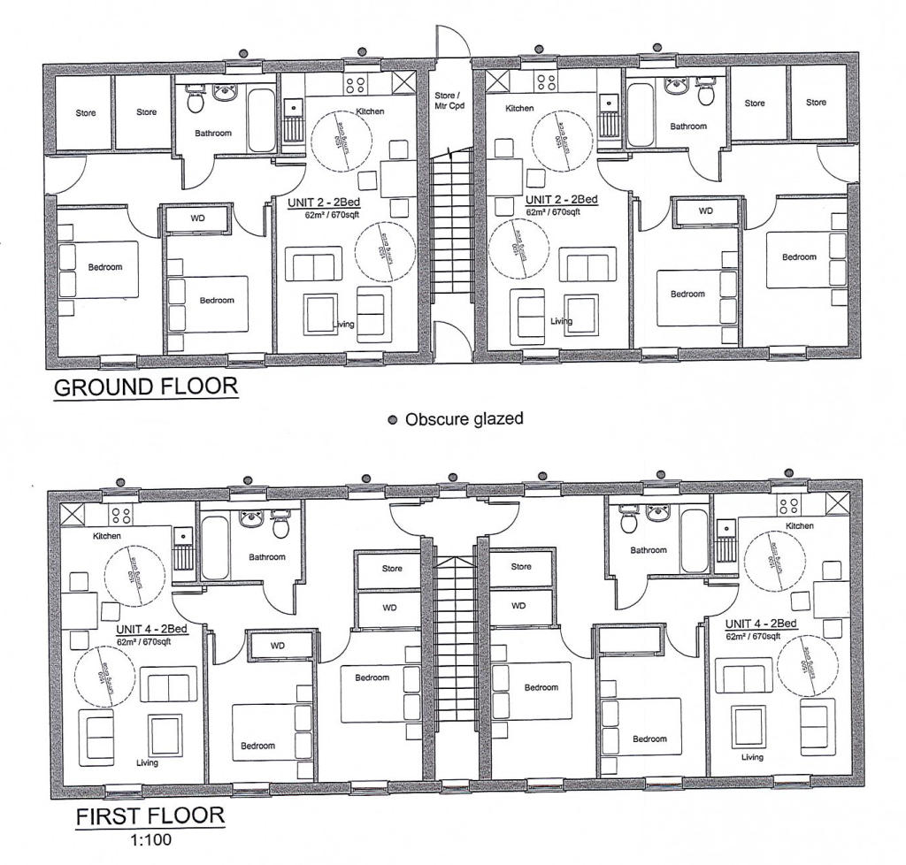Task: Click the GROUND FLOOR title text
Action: coord(146,387)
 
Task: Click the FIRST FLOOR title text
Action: coord(150,815)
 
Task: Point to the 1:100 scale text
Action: coord(150,838)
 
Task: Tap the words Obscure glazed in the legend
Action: coord(464,418)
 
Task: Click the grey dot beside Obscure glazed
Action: coord(393,420)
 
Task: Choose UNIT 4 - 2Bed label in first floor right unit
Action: coord(761,624)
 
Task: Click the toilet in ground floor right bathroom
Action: coord(706,92)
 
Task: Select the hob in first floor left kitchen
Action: coord(120,515)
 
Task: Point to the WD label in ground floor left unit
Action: coord(197,217)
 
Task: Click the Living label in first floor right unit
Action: coord(752,757)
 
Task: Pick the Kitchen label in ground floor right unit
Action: coord(519,108)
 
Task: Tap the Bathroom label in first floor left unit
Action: coord(266,557)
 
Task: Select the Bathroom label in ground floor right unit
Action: coord(688,126)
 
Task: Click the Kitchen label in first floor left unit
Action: coord(105,536)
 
